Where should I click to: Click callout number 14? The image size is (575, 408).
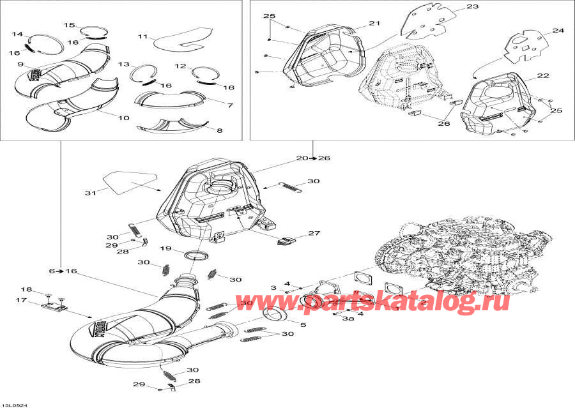tap(17, 34)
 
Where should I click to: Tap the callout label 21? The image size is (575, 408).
tap(374, 23)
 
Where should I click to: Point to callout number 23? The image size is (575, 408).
tap(472, 7)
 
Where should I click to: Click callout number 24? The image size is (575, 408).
tap(558, 30)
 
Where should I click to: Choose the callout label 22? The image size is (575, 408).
tap(543, 75)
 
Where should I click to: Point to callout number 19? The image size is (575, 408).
tap(165, 248)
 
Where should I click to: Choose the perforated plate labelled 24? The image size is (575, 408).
tap(526, 47)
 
